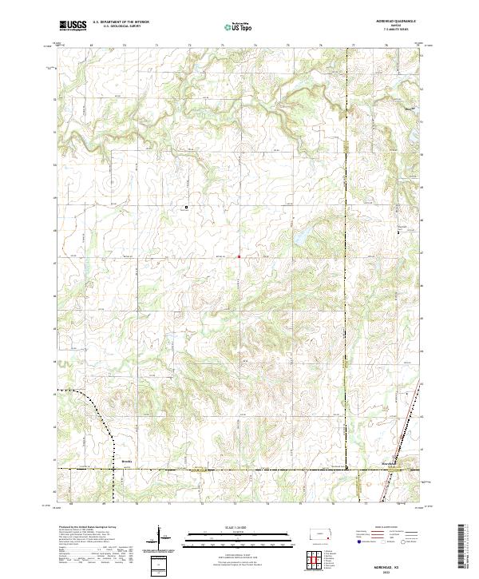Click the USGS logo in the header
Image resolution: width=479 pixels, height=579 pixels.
[x=72, y=26]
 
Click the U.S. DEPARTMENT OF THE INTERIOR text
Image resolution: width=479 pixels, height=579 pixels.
[x=121, y=22]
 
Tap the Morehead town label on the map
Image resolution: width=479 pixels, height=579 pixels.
[x=388, y=462]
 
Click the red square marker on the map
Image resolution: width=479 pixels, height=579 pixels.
[x=239, y=256]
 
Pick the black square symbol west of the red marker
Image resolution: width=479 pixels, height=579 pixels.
[x=187, y=208]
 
